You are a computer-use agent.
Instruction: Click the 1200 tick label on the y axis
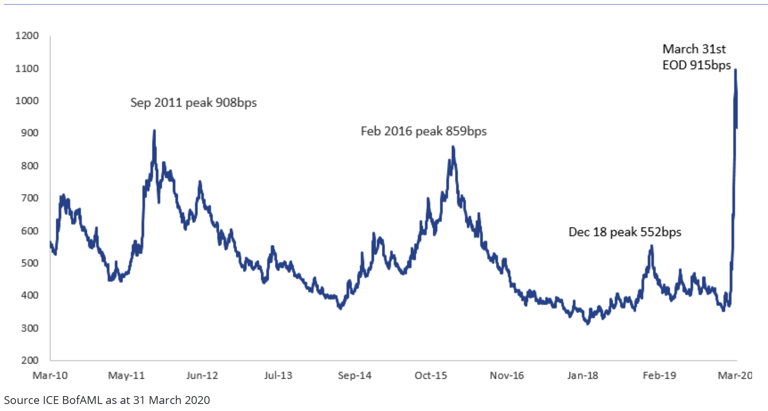point(27,36)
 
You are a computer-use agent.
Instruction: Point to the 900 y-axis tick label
point(29,133)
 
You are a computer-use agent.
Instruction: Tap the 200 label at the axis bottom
point(29,360)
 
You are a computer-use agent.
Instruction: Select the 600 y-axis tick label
point(29,231)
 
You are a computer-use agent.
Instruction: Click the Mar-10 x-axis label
point(50,375)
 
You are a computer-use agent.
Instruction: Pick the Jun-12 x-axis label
point(202,375)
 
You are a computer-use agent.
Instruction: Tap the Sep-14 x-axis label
point(354,375)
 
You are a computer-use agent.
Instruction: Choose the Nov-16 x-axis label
point(507,375)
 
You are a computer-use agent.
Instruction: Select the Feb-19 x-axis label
point(659,375)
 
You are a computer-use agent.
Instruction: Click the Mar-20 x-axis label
point(735,375)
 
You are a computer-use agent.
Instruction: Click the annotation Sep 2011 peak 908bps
point(193,103)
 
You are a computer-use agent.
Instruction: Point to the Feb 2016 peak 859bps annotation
point(424,131)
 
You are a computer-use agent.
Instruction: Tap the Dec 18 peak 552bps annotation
point(625,232)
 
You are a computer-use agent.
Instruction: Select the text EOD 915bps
point(697,65)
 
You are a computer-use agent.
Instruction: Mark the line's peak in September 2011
point(154,131)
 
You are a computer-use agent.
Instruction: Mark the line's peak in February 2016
point(453,146)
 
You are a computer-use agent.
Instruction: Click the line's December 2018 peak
point(652,246)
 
